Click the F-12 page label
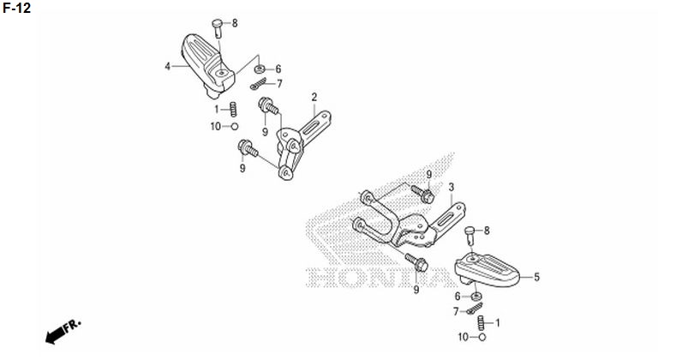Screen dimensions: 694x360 (x=17, y=8)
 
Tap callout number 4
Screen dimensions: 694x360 (x=167, y=67)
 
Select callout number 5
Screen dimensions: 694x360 (x=536, y=277)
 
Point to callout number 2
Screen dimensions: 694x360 (x=314, y=97)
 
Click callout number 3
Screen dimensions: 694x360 (x=451, y=188)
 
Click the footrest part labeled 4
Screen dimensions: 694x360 (x=207, y=65)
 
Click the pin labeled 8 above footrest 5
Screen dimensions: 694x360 (x=470, y=235)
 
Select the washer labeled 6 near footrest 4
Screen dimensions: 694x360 (x=260, y=69)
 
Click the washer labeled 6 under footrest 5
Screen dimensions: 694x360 (x=476, y=296)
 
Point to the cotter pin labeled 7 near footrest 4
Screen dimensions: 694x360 (x=259, y=84)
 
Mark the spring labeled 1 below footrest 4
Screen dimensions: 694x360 (x=233, y=110)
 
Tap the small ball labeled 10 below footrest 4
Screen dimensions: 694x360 (x=235, y=127)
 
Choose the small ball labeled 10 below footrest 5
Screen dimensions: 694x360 (x=482, y=338)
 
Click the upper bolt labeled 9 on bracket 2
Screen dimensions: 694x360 (x=268, y=105)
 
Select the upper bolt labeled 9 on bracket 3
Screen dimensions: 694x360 (x=422, y=195)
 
